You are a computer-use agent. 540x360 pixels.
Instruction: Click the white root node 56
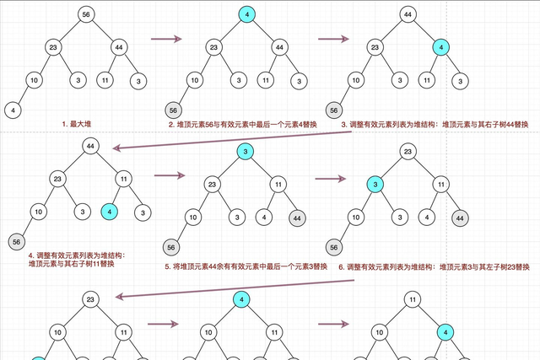[x=86, y=15]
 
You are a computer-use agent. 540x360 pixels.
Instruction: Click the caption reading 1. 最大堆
[x=76, y=124]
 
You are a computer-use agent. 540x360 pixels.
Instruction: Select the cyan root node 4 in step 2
[x=247, y=15]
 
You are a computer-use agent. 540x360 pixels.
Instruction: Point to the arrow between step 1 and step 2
[x=167, y=38]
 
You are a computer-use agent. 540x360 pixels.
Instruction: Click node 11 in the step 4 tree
[x=123, y=179]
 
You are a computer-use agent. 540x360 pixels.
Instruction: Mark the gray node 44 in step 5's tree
[x=297, y=218]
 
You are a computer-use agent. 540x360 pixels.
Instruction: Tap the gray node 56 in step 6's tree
[x=335, y=248]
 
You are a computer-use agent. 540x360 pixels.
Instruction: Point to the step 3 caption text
[x=435, y=125]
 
